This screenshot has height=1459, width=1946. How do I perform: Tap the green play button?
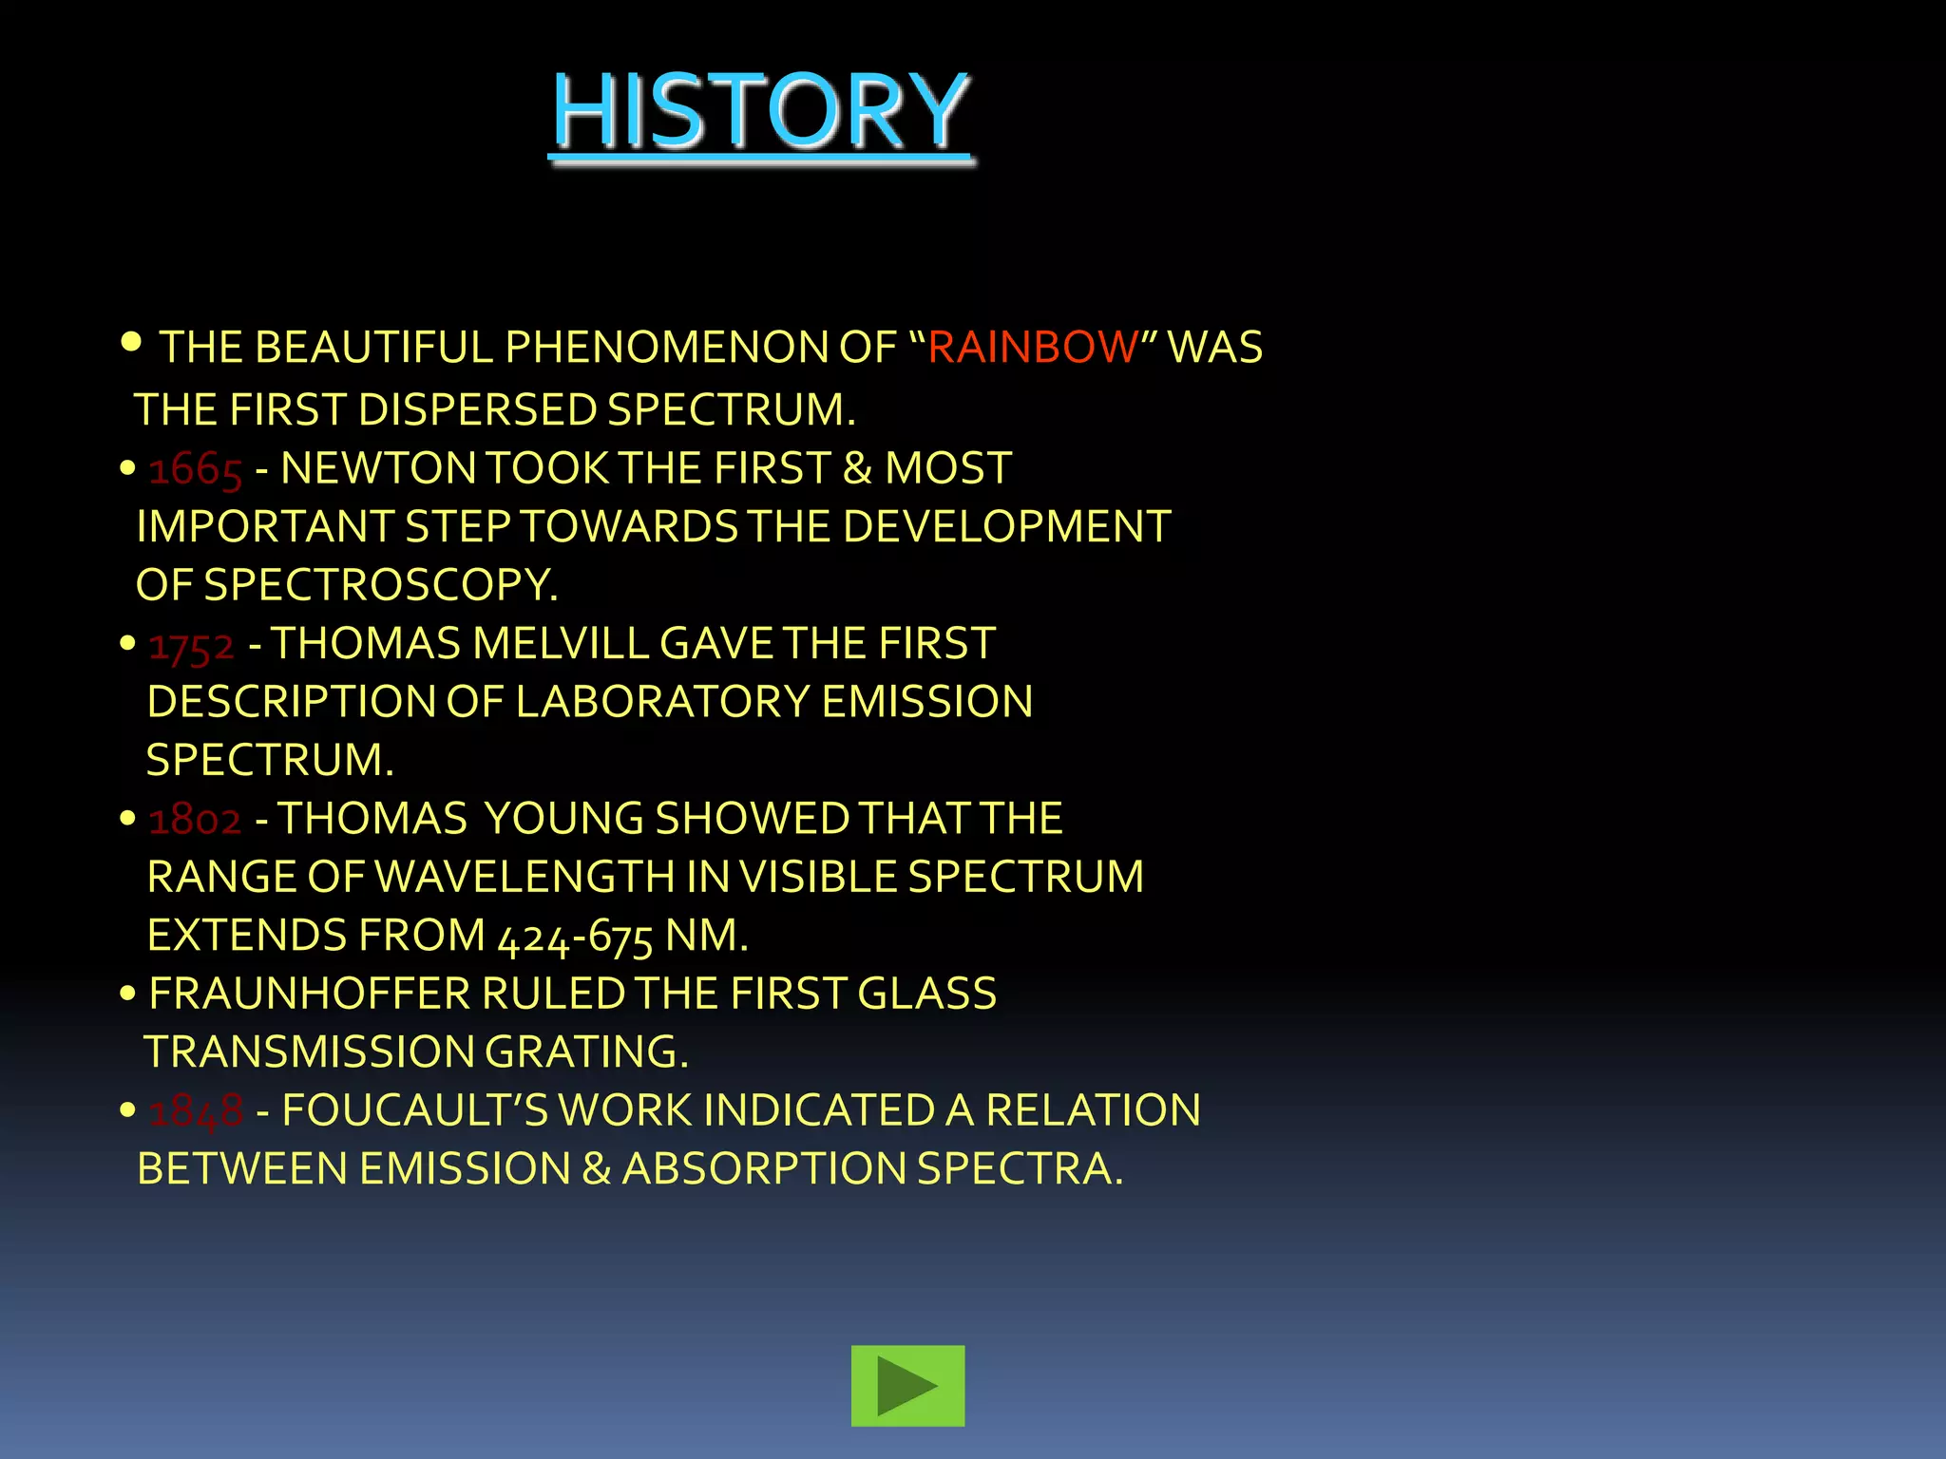click(907, 1385)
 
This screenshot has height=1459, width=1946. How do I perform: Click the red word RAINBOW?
click(1032, 348)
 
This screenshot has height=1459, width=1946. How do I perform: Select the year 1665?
click(196, 469)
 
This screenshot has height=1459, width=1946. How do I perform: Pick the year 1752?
click(191, 645)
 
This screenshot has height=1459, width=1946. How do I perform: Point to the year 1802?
click(195, 820)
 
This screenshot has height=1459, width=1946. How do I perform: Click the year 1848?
click(196, 1111)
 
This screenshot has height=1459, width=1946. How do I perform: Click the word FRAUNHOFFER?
click(310, 995)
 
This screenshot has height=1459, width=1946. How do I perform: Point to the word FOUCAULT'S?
click(415, 1111)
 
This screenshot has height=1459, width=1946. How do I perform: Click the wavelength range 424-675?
click(575, 937)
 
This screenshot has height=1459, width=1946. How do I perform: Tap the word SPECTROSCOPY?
click(380, 585)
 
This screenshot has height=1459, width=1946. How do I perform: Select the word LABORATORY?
click(662, 703)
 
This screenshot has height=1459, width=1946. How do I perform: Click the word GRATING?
click(586, 1052)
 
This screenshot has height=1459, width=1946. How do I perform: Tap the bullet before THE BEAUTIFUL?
click(131, 341)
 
